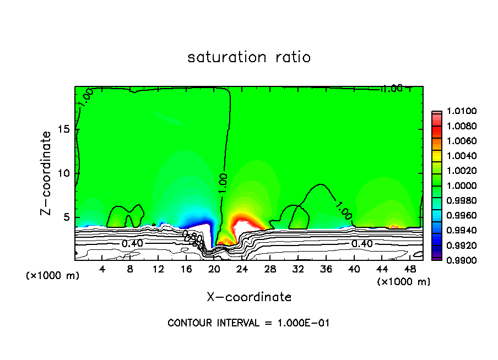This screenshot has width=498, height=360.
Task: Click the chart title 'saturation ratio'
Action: [249, 57]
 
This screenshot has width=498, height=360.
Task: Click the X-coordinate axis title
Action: [249, 297]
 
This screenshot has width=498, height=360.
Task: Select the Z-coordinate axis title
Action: [48, 172]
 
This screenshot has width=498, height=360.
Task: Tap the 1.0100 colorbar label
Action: [456, 112]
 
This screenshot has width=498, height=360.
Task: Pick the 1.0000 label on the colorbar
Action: [456, 186]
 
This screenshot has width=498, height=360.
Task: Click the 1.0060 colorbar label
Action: [456, 141]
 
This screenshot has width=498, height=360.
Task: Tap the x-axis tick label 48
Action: [410, 270]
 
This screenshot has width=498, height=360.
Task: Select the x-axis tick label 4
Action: [102, 270]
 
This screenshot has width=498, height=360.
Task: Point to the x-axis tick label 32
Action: [298, 270]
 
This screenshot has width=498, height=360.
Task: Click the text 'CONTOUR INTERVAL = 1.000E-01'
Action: [248, 323]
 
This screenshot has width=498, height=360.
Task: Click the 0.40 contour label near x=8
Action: [129, 243]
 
